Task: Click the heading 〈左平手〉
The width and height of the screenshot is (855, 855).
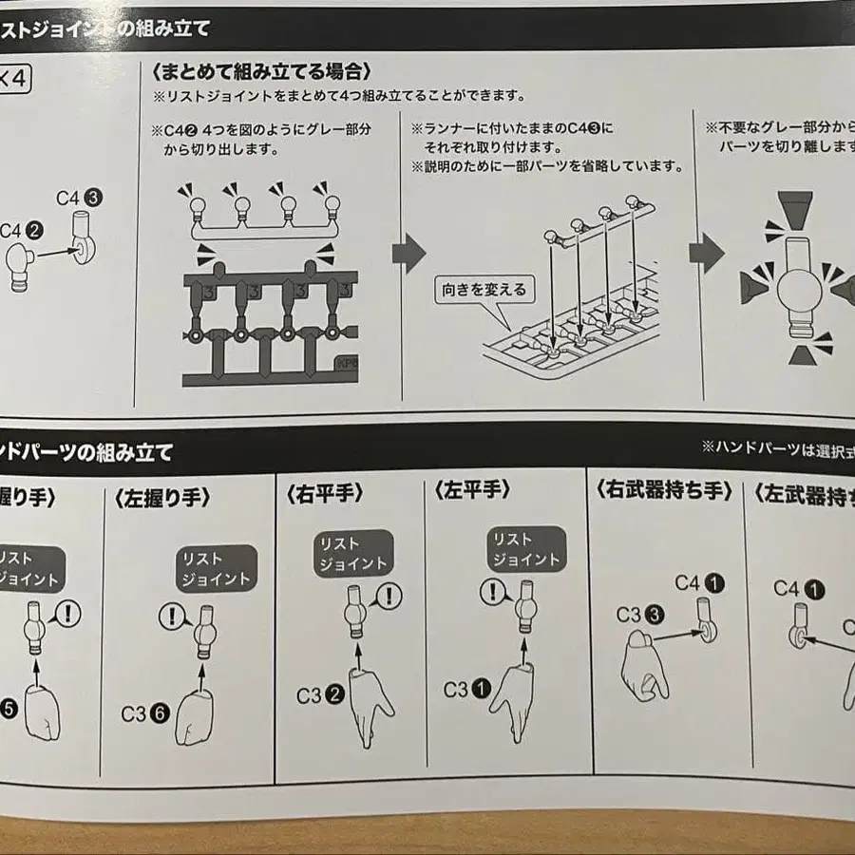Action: (x=472, y=491)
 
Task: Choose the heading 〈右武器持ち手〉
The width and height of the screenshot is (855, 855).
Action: (x=664, y=491)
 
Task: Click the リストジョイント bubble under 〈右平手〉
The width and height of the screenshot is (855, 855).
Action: (x=352, y=554)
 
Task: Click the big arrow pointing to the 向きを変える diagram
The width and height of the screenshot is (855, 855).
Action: (x=409, y=254)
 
